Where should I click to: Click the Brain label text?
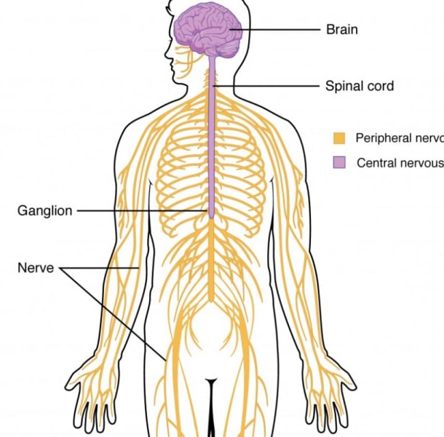(x=341, y=30)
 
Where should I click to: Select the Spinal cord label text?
(x=359, y=86)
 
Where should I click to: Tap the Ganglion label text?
(x=44, y=211)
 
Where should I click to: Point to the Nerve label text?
(x=35, y=268)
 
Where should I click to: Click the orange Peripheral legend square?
(x=339, y=138)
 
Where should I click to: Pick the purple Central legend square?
(x=339, y=162)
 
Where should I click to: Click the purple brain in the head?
(x=207, y=29)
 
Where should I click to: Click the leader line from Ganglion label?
(x=138, y=211)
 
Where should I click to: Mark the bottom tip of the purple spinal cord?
(x=211, y=216)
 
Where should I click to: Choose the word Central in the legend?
(x=376, y=162)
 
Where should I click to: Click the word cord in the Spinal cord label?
(x=379, y=86)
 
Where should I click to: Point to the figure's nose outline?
(x=168, y=55)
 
